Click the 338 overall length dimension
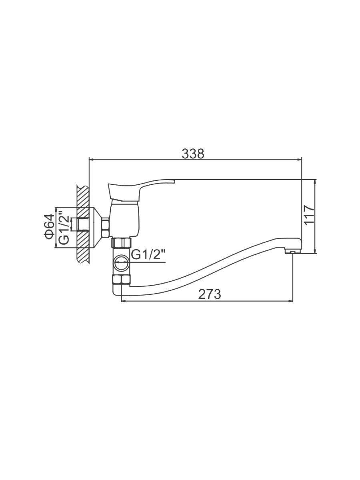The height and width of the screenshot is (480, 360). [x=193, y=154]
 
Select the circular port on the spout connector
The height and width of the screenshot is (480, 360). [x=121, y=263]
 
